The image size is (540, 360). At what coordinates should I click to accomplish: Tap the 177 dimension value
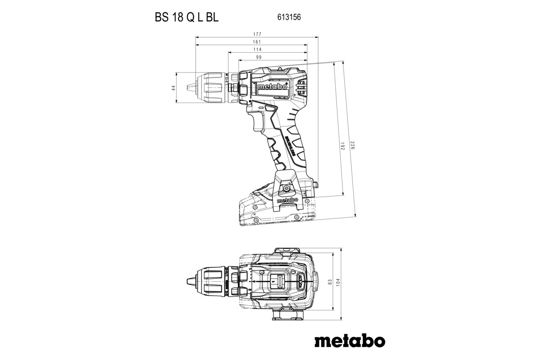coord(257,34)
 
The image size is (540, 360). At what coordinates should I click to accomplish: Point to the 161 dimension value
coord(257,42)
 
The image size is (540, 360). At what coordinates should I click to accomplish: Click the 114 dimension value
coord(257,49)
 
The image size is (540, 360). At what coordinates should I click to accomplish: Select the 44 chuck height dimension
coord(173,88)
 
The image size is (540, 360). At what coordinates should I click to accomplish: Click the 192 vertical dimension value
coord(342,146)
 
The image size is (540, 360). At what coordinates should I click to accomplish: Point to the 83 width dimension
coord(330,281)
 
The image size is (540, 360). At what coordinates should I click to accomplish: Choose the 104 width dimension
coord(338,281)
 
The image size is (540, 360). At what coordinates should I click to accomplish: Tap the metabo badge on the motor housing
coord(270,87)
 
